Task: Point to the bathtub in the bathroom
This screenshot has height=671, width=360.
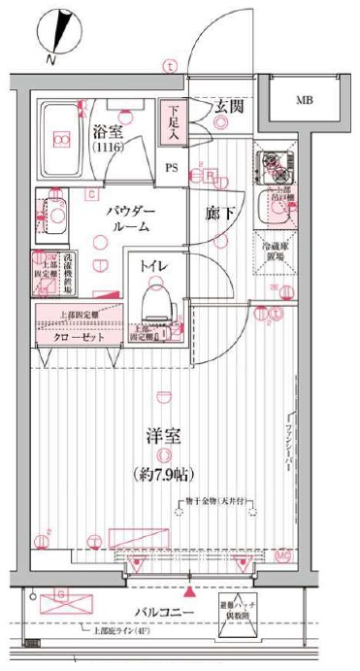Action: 61,140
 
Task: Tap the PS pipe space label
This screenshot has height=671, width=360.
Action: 172,166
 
